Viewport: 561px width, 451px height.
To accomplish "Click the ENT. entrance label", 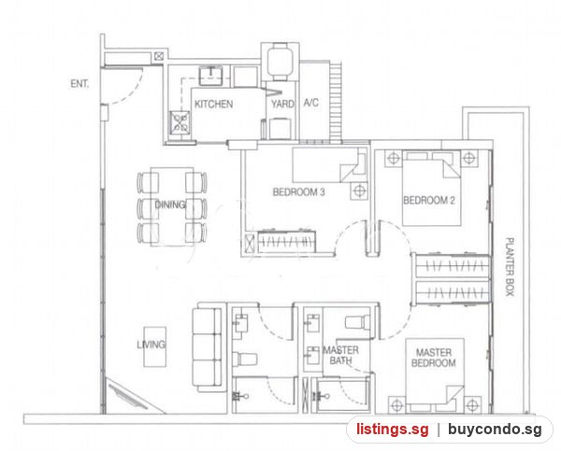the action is tap(79, 84).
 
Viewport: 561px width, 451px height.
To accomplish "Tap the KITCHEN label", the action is tap(213, 104).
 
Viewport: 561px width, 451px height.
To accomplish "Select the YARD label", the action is tap(282, 104).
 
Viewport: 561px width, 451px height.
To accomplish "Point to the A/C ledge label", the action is tap(311, 103).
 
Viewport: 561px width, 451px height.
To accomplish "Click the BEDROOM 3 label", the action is tap(299, 192).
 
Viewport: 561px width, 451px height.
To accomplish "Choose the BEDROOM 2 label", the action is tap(429, 200).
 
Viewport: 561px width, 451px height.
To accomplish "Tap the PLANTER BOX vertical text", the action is tap(510, 267).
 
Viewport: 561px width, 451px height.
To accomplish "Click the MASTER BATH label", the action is tap(340, 355).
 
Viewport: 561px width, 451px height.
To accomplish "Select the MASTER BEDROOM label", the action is tap(434, 358).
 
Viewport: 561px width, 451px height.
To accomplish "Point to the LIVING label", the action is tap(151, 345).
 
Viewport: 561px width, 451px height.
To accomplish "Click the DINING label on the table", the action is tap(170, 204).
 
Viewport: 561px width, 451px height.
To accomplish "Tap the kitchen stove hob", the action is tap(180, 122).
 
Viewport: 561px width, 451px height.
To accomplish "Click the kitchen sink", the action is tap(210, 76).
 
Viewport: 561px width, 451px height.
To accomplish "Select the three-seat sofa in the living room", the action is tap(208, 347).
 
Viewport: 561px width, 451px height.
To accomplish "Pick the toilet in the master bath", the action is tap(357, 321).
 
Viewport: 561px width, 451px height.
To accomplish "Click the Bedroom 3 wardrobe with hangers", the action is tap(287, 242).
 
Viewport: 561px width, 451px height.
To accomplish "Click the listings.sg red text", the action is tap(392, 430).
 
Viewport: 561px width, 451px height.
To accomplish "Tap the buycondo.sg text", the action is tap(495, 430).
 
